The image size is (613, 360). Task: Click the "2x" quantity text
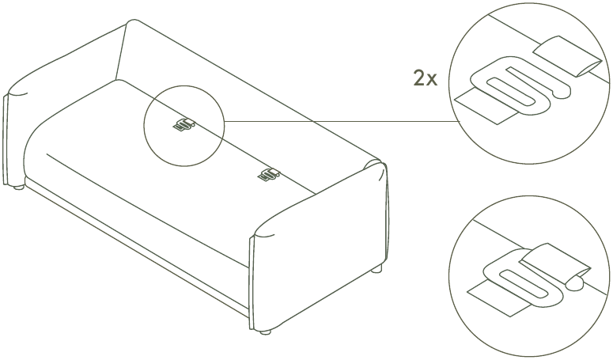(x=426, y=78)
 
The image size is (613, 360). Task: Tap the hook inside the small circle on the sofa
(x=184, y=124)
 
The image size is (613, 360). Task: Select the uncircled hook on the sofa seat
(x=269, y=174)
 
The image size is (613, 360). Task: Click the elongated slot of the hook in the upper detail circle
(x=511, y=92)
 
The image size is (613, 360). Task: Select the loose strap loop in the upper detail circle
(x=568, y=56)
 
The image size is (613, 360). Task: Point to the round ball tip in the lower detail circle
(x=575, y=283)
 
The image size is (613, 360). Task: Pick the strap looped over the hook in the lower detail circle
(x=555, y=262)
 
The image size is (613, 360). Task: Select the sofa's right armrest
(x=319, y=246)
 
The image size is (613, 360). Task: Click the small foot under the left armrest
(x=18, y=188)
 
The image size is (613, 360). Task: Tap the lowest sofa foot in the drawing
(x=266, y=332)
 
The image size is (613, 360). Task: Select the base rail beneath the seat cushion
(x=137, y=246)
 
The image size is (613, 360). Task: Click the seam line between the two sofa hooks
(x=227, y=150)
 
